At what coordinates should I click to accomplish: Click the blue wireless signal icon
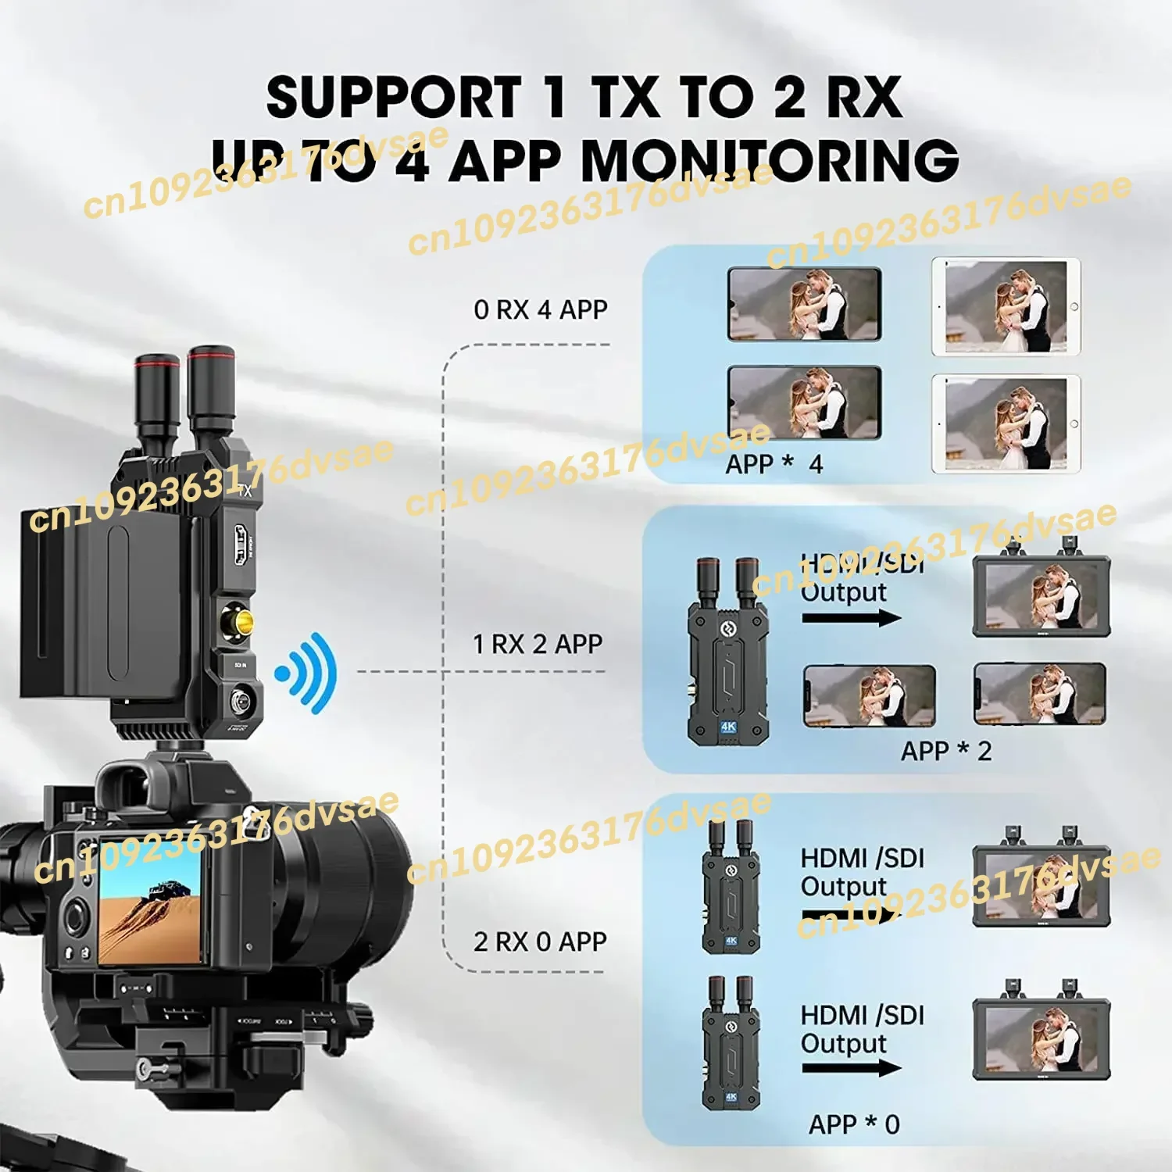point(307,673)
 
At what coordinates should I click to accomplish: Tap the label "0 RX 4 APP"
point(540,309)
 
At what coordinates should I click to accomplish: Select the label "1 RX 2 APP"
point(538,644)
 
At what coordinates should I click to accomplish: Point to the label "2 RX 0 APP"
point(540,942)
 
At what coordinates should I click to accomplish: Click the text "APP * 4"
point(774,464)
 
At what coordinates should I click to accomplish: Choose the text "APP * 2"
point(945,751)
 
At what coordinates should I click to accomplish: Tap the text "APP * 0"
point(853,1124)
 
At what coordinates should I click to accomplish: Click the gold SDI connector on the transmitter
point(238,622)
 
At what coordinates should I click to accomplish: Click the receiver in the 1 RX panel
point(727,652)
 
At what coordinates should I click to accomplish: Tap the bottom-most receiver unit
point(730,1043)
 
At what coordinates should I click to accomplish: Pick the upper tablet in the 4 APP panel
point(1006,307)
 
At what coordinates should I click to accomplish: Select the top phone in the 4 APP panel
point(804,304)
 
